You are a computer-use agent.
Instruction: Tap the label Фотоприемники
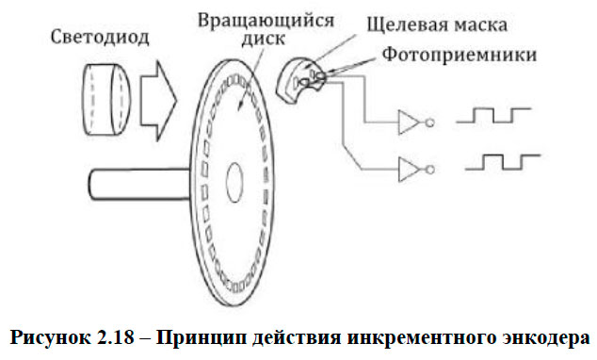pyautogui.click(x=462, y=55)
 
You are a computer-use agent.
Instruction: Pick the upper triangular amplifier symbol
pyautogui.click(x=410, y=122)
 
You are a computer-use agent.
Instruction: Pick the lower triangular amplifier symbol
pyautogui.click(x=410, y=169)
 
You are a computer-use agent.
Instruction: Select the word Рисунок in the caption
pyautogui.click(x=56, y=337)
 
